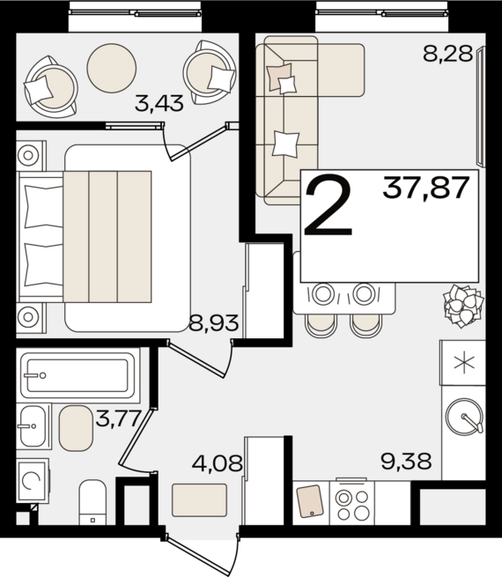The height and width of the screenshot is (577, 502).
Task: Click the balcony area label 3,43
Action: (x=159, y=103)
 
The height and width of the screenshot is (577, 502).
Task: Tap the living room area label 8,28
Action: (x=447, y=54)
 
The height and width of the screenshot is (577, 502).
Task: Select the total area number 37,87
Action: (x=426, y=188)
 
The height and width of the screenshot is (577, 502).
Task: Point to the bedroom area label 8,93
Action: (x=214, y=322)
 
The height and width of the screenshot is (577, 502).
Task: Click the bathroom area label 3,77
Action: (x=118, y=418)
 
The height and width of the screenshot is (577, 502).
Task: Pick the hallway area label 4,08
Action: (x=218, y=462)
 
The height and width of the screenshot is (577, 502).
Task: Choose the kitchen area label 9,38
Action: (x=406, y=462)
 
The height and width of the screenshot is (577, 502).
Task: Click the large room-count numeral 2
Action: (x=329, y=207)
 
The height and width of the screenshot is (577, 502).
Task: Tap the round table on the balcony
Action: (x=112, y=68)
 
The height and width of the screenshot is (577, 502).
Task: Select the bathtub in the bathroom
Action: (x=78, y=375)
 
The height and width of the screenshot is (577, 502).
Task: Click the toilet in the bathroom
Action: (x=92, y=502)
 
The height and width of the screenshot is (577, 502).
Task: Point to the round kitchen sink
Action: (x=464, y=417)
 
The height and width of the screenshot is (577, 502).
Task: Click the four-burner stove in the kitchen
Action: (x=352, y=503)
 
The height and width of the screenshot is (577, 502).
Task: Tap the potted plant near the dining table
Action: (x=463, y=306)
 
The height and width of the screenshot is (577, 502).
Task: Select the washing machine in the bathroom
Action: (x=33, y=481)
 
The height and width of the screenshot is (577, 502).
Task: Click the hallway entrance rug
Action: (x=199, y=500)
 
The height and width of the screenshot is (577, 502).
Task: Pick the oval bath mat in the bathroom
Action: (x=76, y=428)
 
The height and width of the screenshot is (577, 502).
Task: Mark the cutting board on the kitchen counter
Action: (x=310, y=501)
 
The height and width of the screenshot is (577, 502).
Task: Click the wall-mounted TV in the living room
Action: (x=481, y=107)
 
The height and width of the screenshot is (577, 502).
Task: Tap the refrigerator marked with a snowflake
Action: (x=464, y=363)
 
